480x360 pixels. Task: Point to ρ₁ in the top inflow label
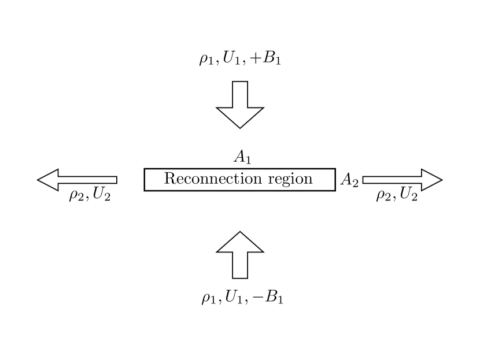pos(206,61)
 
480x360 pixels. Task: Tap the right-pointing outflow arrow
pos(403,180)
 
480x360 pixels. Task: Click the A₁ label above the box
pos(242,156)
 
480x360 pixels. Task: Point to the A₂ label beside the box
pos(349,180)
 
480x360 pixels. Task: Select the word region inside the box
pos(290,180)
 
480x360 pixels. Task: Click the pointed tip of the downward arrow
pos(240,127)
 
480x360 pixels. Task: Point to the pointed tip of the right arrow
pos(441,180)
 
